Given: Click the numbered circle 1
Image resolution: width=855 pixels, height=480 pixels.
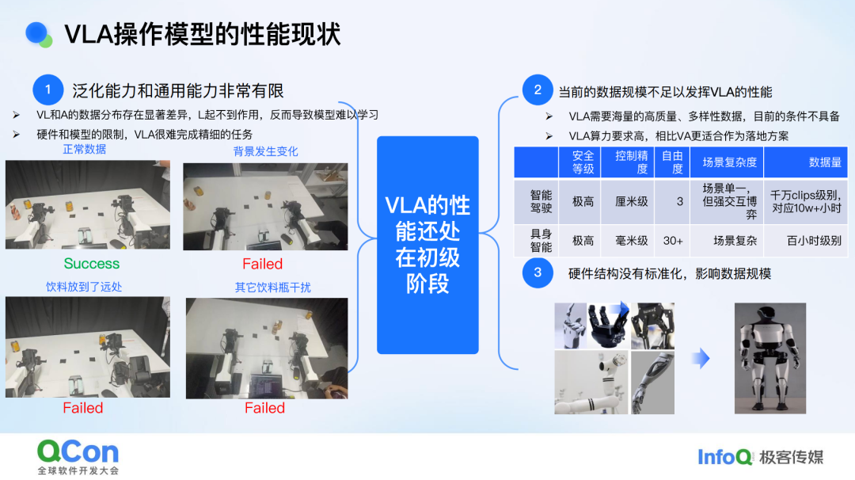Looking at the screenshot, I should (x=48, y=90).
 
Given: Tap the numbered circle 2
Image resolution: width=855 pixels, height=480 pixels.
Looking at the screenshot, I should (x=538, y=90).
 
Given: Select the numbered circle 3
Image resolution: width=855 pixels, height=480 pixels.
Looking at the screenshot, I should (x=538, y=273).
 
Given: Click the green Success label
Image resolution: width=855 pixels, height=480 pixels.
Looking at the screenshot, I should (x=92, y=264).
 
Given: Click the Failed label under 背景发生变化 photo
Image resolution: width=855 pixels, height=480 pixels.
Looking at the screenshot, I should (x=262, y=264).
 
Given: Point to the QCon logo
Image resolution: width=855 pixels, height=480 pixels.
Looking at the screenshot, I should (x=78, y=451).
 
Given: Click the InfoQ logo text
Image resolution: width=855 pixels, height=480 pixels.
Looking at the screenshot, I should (x=724, y=457).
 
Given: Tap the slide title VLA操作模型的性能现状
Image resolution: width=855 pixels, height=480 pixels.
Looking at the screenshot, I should (x=203, y=34).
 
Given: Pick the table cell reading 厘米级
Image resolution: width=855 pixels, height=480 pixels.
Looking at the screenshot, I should (x=632, y=201).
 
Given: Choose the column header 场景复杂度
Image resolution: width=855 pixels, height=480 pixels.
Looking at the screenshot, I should (x=729, y=162).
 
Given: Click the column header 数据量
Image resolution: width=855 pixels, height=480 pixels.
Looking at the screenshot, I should (x=825, y=162).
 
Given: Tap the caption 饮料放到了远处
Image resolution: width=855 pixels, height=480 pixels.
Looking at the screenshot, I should (x=84, y=286).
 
